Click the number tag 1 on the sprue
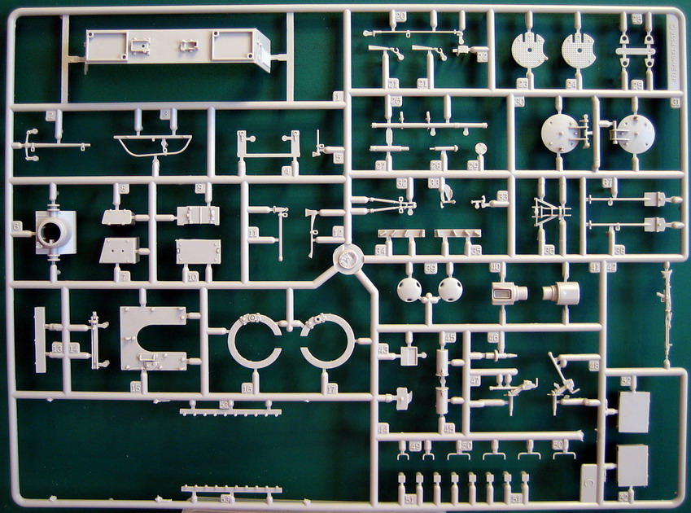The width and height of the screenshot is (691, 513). tap(338, 97)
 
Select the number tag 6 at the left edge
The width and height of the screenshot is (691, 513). tap(15, 226)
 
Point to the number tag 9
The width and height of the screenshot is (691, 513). tap(199, 188)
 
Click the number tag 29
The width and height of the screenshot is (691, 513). tap(473, 165)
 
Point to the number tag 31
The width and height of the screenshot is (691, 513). tap(676, 102)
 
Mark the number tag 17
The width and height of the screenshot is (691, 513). tap(330, 389)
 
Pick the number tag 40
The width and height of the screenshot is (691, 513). tap(494, 267)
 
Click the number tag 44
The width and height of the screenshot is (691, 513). tap(383, 428)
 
